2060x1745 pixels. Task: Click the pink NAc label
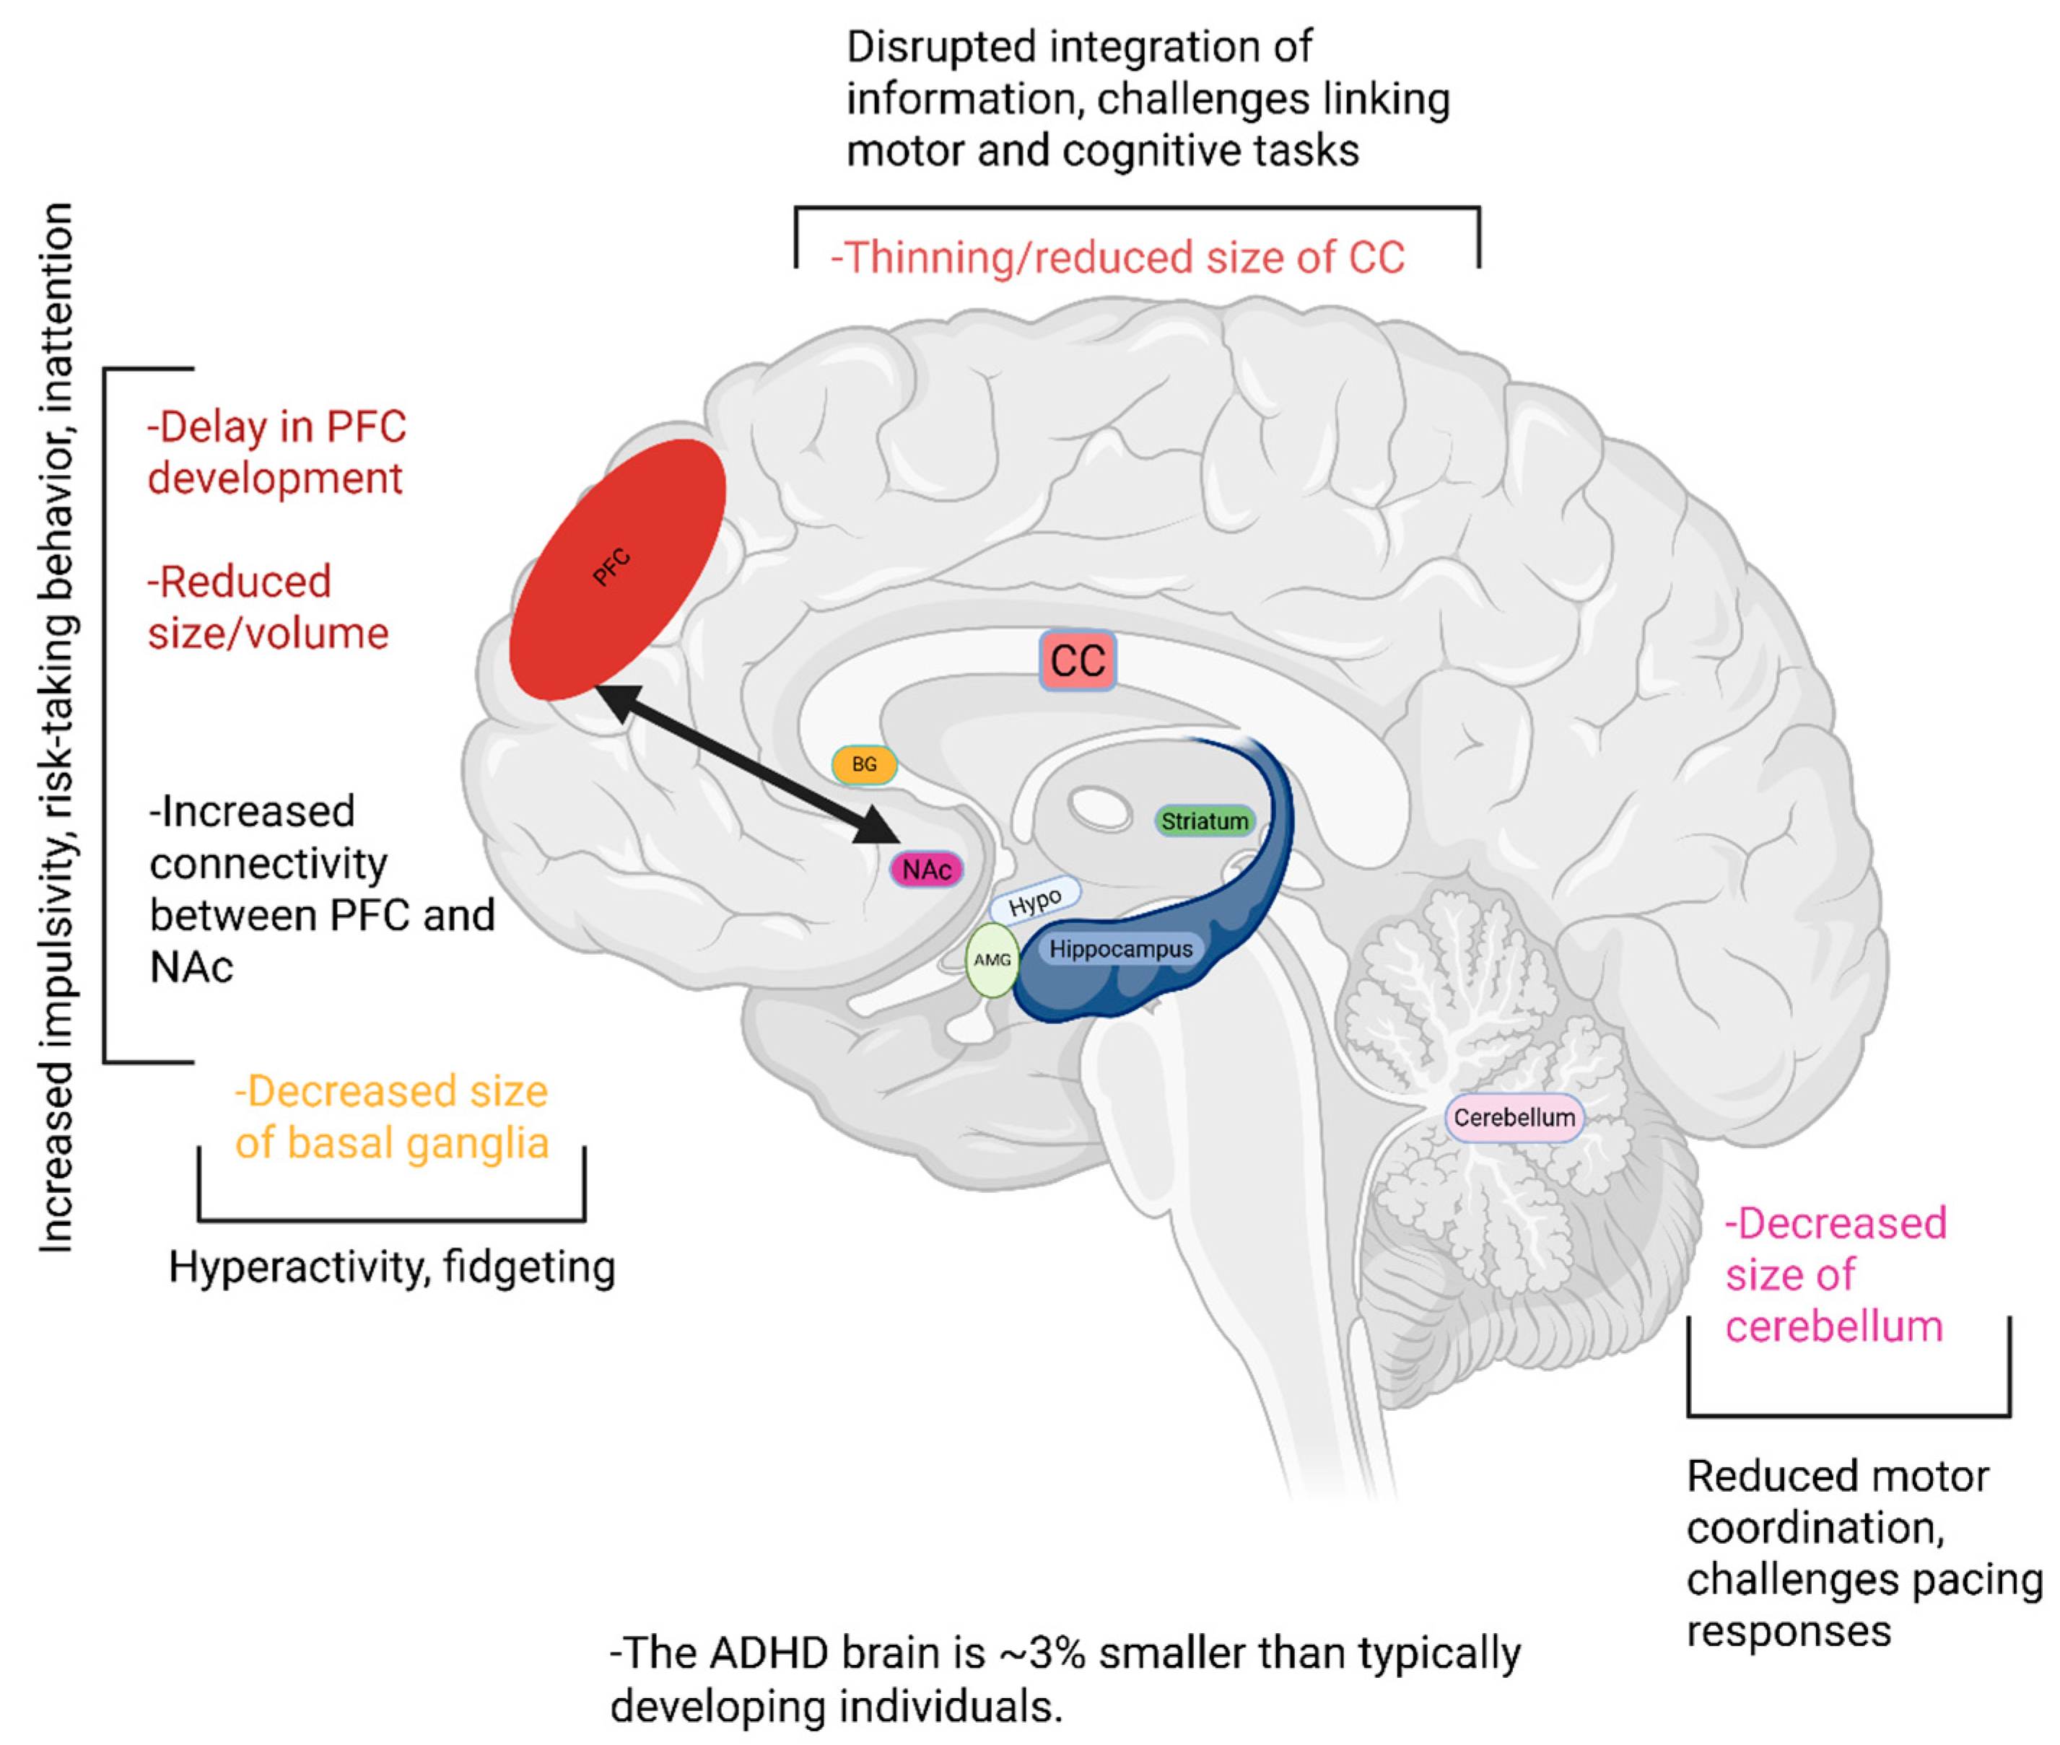pyautogui.click(x=926, y=870)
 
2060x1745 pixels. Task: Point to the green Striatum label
pyautogui.click(x=1204, y=821)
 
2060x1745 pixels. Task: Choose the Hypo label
pyautogui.click(x=1035, y=900)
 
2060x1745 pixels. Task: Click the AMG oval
pyautogui.click(x=992, y=960)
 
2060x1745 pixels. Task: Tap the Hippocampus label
pyautogui.click(x=1120, y=950)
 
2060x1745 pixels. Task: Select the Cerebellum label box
pyautogui.click(x=1513, y=1118)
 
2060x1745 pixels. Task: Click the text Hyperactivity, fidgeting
pyautogui.click(x=392, y=1267)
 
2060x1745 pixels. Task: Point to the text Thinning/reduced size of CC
pyautogui.click(x=1117, y=257)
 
